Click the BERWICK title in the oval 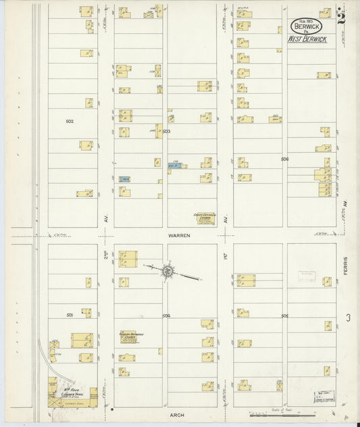click(307, 26)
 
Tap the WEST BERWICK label click(307, 40)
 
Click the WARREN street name click(180, 235)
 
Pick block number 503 click(166, 131)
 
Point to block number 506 click(285, 159)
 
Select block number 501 click(70, 315)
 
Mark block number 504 click(166, 316)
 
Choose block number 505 click(285, 316)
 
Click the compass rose click(165, 271)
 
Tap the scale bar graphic click(268, 414)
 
